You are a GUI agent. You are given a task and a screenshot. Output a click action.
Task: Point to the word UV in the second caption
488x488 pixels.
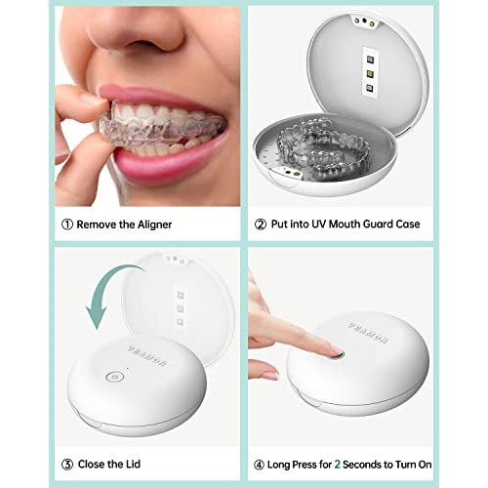click(x=328, y=224)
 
